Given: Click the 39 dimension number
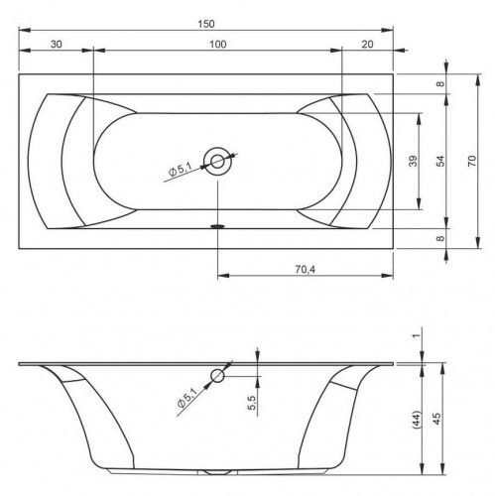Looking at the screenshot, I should (x=411, y=162).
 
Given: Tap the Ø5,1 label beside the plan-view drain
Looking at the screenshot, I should (x=182, y=175).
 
